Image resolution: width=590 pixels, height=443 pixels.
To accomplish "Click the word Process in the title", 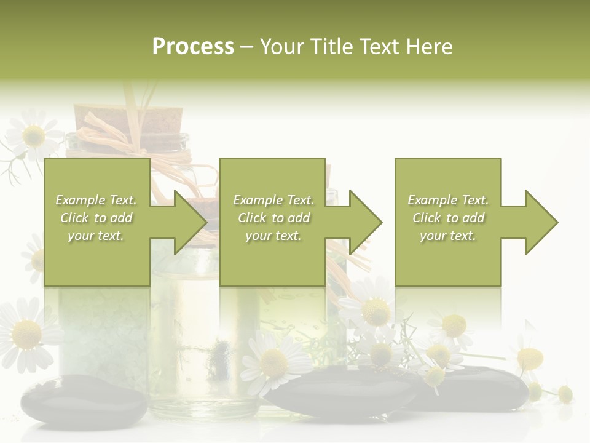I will click(193, 47).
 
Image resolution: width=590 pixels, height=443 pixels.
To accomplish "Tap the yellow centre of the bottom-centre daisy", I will click(274, 363).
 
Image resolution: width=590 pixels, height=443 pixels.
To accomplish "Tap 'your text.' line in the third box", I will click(447, 236).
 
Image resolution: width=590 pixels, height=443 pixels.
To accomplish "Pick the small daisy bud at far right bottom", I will click(564, 394).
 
